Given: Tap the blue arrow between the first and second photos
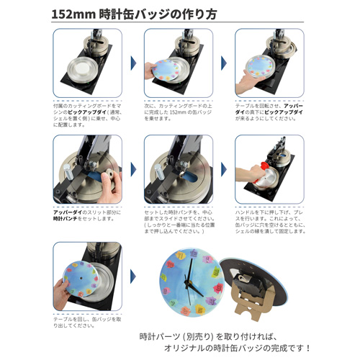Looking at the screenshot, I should click(x=133, y=64).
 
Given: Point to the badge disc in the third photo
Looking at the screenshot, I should click(x=258, y=69).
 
